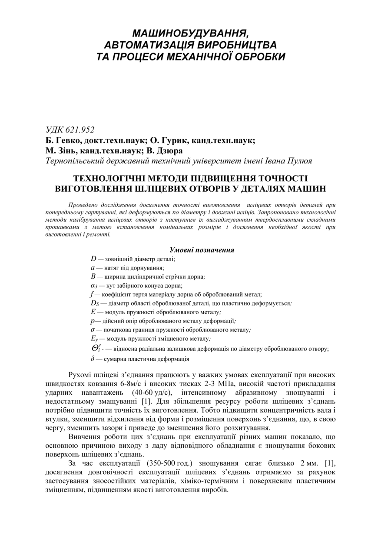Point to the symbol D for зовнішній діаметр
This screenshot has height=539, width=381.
[x=93, y=259]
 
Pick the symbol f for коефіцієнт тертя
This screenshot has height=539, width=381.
[x=92, y=294]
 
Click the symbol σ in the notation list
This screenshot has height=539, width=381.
[x=93, y=330]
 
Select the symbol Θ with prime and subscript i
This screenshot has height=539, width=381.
[x=96, y=349]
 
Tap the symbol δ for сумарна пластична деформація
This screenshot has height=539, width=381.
[x=93, y=359]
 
